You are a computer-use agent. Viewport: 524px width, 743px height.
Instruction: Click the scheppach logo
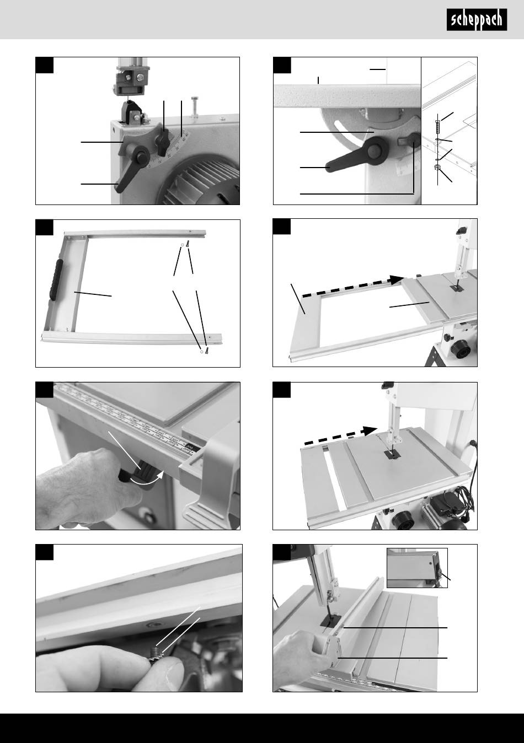coord(477,20)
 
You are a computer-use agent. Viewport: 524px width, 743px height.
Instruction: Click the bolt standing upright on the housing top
coord(195,106)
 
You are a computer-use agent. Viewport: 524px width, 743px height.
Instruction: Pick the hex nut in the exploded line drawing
coord(437,167)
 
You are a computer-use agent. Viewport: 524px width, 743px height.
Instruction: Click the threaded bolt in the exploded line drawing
coord(437,126)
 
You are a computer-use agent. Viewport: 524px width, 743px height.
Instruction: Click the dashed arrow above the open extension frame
coord(353,286)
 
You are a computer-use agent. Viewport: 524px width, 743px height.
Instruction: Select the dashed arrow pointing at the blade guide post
coord(341,436)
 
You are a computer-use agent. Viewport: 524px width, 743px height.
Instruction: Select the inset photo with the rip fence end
coord(417,568)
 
